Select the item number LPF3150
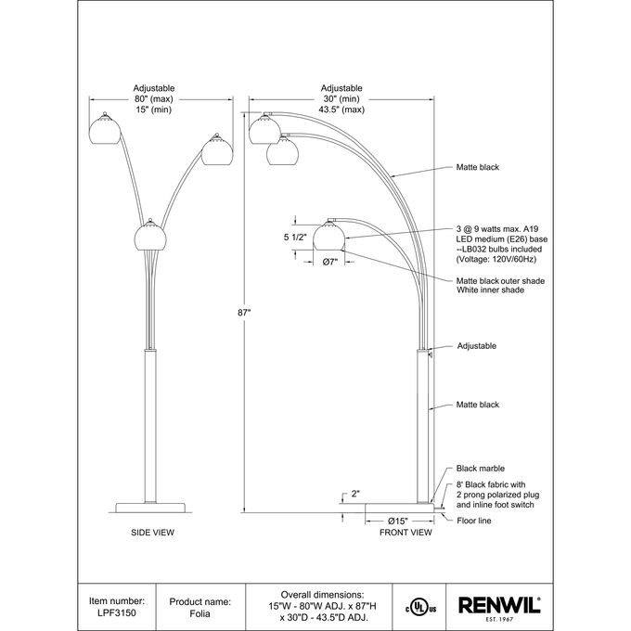[117, 612]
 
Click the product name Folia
[200, 613]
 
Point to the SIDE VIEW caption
[152, 533]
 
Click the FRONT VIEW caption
[406, 533]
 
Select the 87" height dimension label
[244, 313]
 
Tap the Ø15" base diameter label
[398, 522]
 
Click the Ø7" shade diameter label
[330, 262]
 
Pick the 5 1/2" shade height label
[295, 237]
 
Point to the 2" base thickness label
[355, 494]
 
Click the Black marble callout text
[481, 469]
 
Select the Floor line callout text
[474, 521]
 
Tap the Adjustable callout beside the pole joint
[477, 346]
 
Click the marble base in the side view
[150, 508]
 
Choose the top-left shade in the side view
[105, 129]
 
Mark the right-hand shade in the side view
[217, 150]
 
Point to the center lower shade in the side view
[150, 236]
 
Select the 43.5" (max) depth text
[341, 109]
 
